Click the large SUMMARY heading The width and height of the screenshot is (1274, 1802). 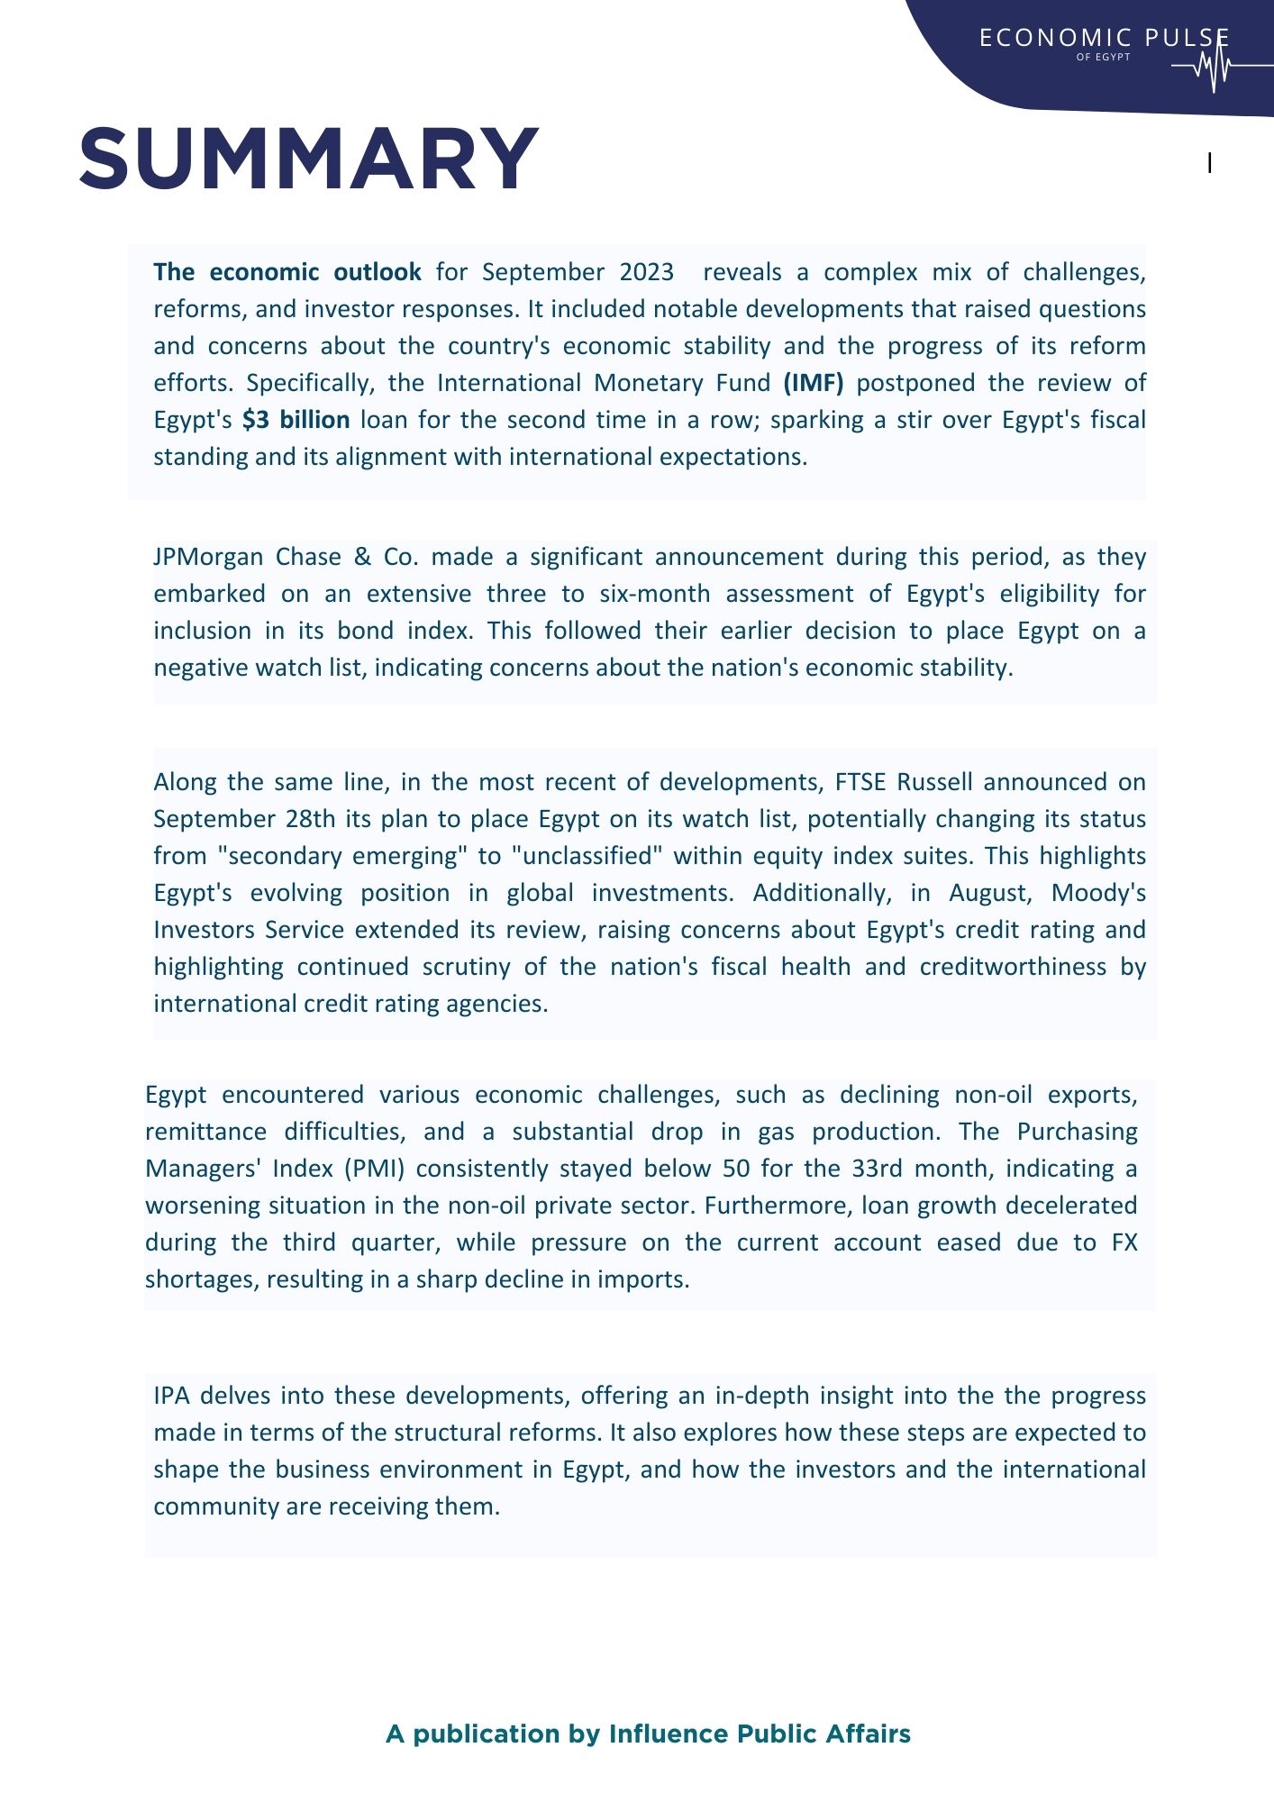click(309, 159)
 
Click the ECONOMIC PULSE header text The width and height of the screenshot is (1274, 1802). click(1104, 38)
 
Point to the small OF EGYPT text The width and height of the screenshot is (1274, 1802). click(1103, 57)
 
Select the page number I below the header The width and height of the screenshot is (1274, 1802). click(1209, 164)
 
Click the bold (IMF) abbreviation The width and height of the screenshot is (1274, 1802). click(814, 383)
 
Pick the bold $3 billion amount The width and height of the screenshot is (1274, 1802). click(296, 420)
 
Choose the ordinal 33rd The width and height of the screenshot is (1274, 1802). click(876, 1169)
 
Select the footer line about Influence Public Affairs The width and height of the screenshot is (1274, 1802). click(648, 1734)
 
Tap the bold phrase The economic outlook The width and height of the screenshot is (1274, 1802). click(287, 272)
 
